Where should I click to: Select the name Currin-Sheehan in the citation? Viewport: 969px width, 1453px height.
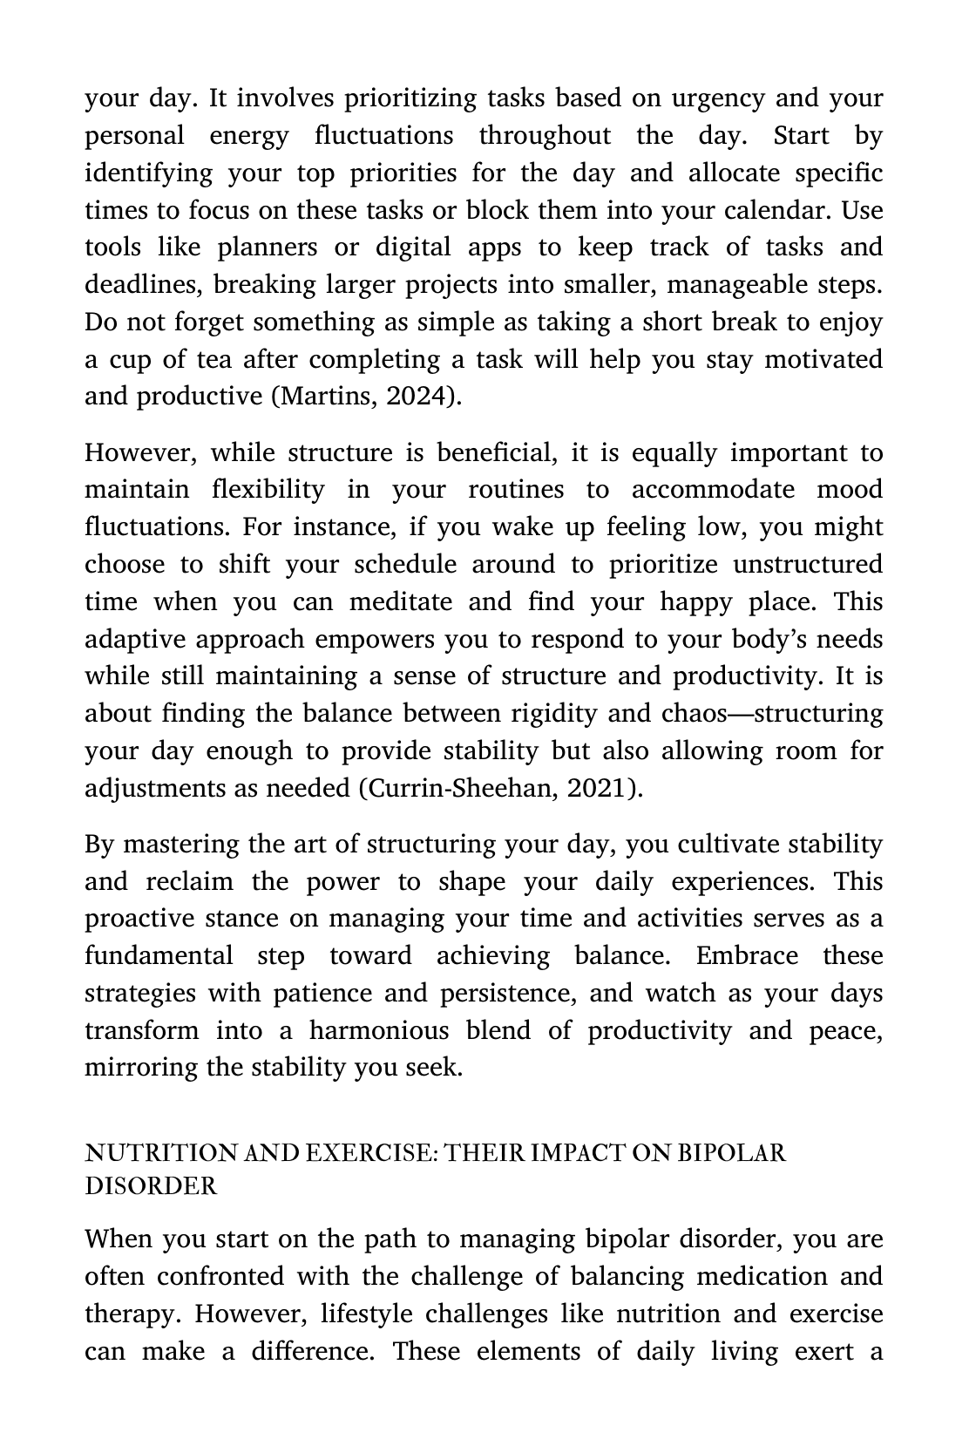coord(463,788)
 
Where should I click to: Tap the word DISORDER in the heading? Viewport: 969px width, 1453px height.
coord(151,1186)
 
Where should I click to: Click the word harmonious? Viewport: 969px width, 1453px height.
coord(378,1030)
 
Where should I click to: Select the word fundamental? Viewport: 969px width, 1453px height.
coord(159,955)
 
